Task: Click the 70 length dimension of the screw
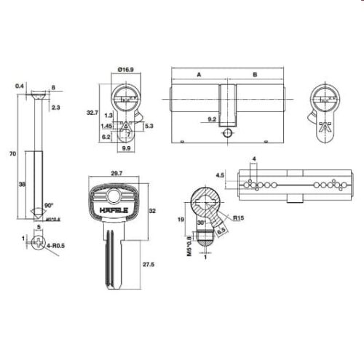point(12,155)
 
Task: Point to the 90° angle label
point(50,206)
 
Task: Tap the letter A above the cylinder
point(199,74)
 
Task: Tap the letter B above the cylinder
point(254,74)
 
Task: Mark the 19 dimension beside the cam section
point(178,218)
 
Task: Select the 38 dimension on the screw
point(23,185)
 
